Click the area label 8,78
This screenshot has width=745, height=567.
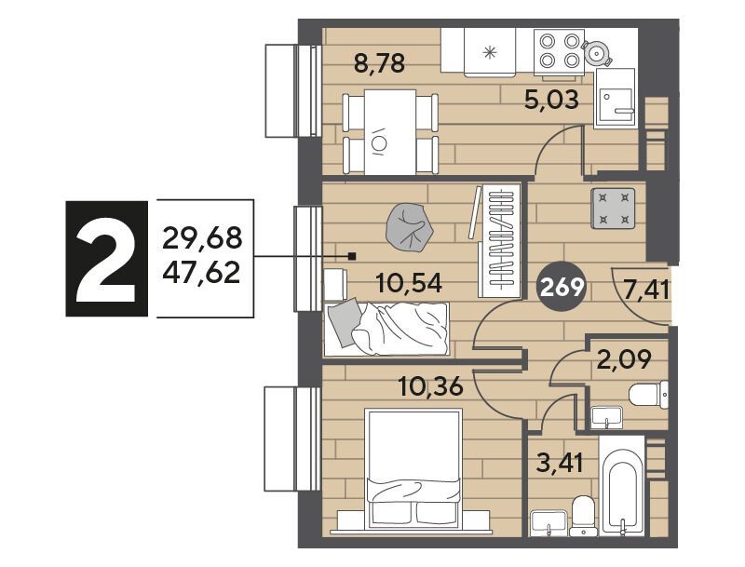tap(380, 63)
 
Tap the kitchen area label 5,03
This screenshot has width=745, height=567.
tap(551, 100)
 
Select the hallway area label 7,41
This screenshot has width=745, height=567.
tap(647, 290)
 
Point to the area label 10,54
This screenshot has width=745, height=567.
tap(409, 283)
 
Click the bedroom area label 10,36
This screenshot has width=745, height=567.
tap(431, 387)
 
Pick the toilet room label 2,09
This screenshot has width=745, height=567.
tap(624, 360)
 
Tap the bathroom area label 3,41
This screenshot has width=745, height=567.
tap(560, 463)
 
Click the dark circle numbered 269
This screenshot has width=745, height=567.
tap(562, 288)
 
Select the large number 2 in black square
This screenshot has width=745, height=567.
tap(107, 259)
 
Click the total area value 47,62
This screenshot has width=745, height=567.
tap(201, 273)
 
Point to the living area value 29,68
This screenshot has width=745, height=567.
tap(202, 237)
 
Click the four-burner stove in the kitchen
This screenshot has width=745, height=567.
tap(559, 52)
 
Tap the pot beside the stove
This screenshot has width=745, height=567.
tap(596, 52)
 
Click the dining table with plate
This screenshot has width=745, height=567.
tap(390, 132)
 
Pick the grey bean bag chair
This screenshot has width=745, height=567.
tap(410, 227)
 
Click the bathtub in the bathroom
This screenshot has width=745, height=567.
tap(622, 486)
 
